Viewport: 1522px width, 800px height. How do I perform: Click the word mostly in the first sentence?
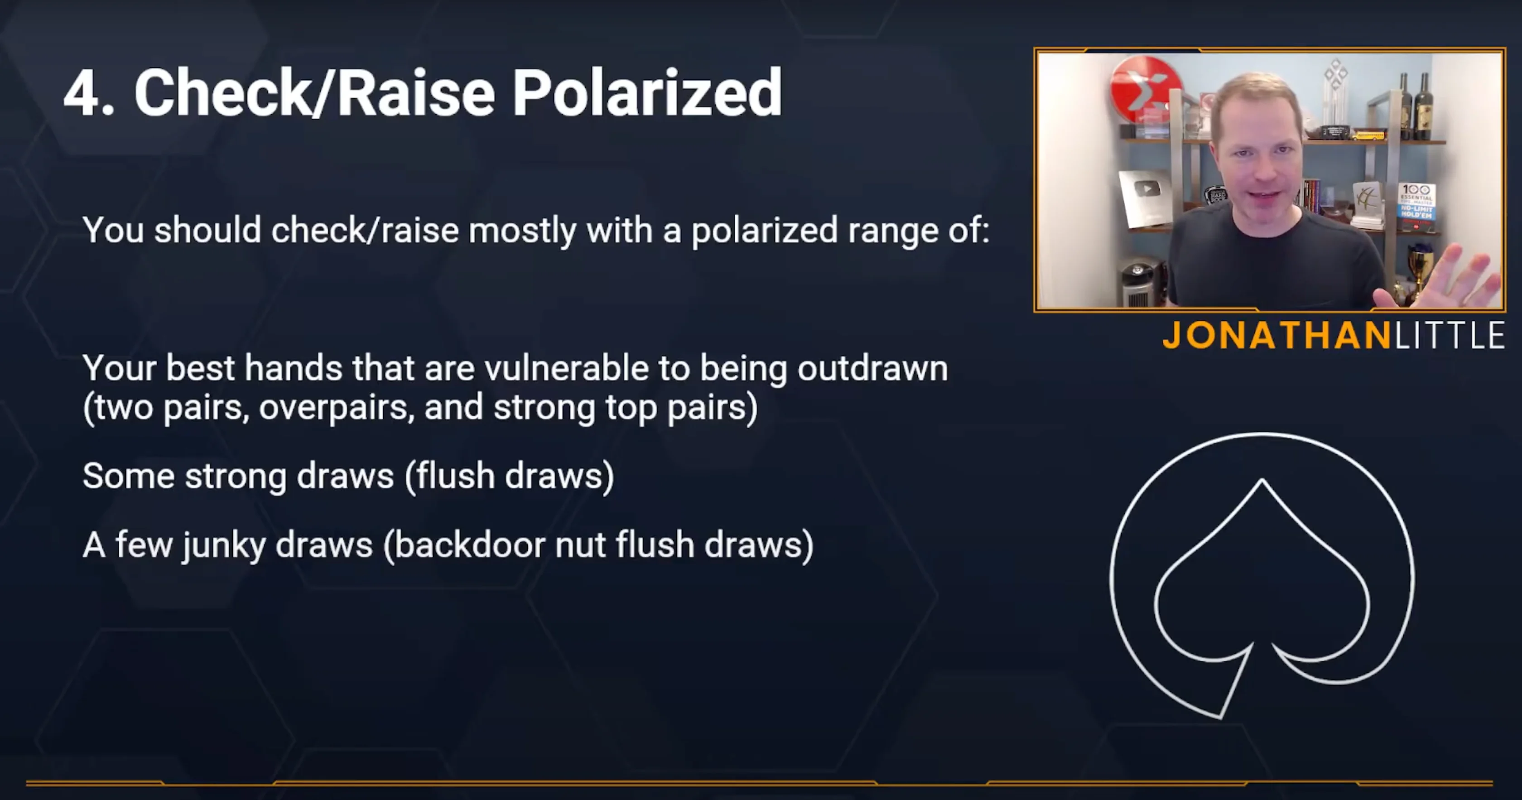pyautogui.click(x=522, y=231)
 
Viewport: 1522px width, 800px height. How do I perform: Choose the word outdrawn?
pyautogui.click(x=873, y=368)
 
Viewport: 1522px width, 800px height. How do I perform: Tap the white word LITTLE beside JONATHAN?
pyautogui.click(x=1450, y=336)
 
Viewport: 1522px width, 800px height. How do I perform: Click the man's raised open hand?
pyautogui.click(x=1442, y=278)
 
